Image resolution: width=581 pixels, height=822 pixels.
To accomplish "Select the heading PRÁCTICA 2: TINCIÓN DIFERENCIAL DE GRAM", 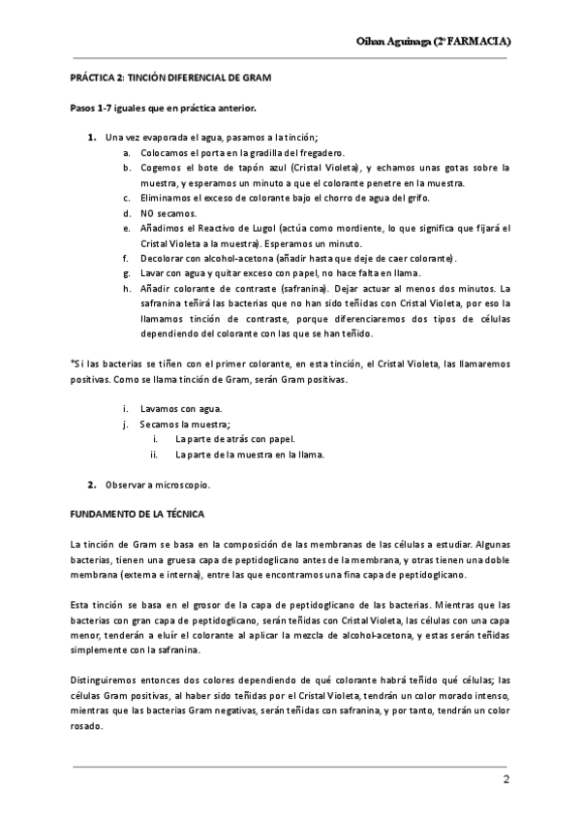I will pos(171,77).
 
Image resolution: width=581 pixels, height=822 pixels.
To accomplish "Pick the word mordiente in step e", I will pos(342,228).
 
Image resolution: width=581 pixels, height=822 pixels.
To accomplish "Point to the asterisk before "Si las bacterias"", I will pos(72,361).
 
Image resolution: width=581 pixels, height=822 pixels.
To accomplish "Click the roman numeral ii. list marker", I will pos(153,454).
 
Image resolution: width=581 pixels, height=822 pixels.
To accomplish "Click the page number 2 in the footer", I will pos(505,780).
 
